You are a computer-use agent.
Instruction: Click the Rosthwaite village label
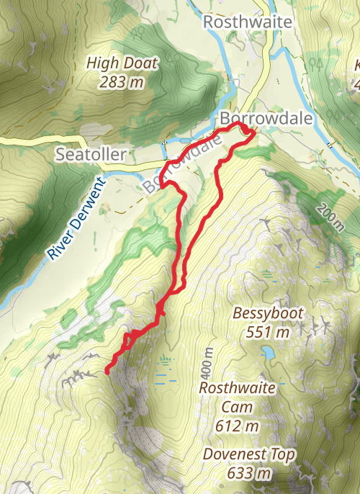pos(248,22)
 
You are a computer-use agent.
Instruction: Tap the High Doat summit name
pos(121,63)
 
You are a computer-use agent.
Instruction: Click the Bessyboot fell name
pos(268,314)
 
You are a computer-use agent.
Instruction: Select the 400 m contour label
pos(209,364)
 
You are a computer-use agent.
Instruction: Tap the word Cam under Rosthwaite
pos(237,408)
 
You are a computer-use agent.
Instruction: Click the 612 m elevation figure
pos(237,426)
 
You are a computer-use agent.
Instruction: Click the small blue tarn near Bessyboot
pos(268,353)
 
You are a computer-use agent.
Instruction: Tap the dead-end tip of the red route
pos(107,372)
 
